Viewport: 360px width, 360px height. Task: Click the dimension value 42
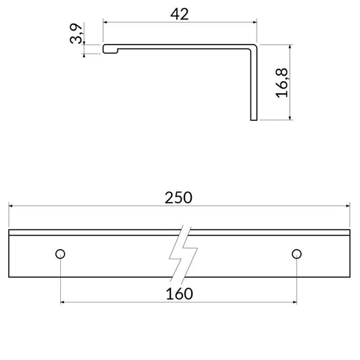[180, 14]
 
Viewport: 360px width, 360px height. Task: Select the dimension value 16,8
[282, 82]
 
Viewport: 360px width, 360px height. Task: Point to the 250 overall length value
[179, 197]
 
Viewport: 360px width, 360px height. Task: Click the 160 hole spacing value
[179, 293]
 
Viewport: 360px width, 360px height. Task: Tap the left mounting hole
[60, 254]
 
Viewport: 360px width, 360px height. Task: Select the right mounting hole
[296, 254]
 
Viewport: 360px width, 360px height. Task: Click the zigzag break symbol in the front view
[184, 255]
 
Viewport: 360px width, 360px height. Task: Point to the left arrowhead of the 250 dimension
[11, 205]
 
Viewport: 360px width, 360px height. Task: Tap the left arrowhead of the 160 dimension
[63, 301]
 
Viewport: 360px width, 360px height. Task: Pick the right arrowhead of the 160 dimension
[293, 301]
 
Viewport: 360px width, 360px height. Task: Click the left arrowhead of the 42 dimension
[105, 22]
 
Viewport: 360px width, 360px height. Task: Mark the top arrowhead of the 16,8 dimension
[290, 47]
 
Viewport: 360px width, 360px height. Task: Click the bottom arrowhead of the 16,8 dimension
[290, 119]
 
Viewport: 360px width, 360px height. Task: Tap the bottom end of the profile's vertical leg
[254, 120]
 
